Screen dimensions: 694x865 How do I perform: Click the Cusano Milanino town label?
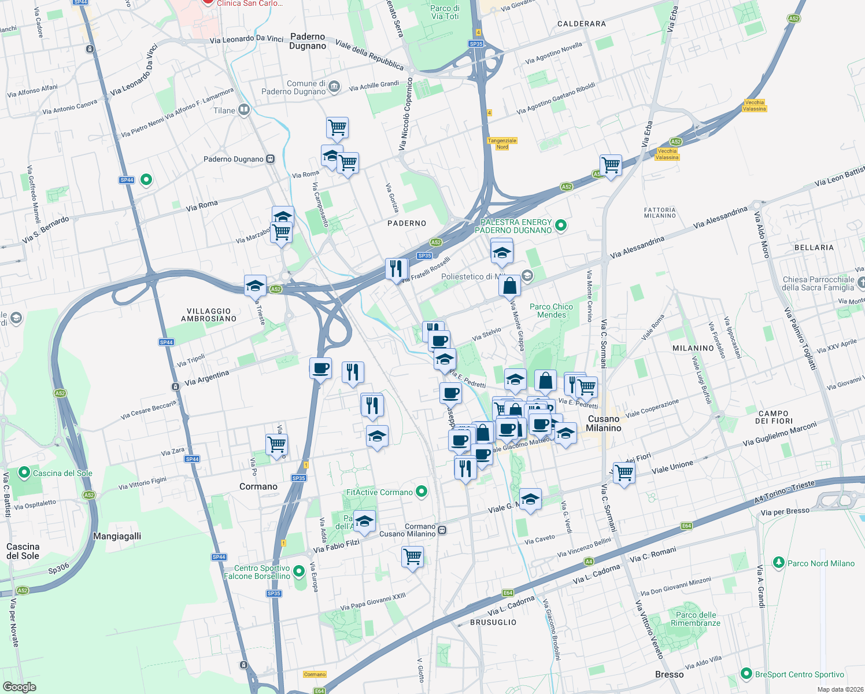point(603,423)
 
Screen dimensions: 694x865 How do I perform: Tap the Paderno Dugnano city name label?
point(308,41)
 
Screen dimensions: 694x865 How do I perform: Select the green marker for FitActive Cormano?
point(422,492)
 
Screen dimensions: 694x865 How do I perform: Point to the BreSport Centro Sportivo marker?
point(746,674)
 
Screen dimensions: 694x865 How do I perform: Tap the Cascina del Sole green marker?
point(24,472)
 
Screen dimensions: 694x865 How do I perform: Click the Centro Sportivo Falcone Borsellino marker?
point(299,572)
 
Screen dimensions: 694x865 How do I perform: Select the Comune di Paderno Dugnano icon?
point(334,87)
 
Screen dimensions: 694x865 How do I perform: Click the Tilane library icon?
point(244,110)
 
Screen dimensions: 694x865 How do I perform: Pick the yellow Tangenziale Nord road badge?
point(502,143)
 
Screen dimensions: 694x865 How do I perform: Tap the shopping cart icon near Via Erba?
point(611,165)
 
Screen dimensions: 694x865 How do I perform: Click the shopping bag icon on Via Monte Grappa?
point(509,286)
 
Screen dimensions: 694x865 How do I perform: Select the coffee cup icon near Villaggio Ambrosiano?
point(320,368)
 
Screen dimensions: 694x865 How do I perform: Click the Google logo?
point(20,686)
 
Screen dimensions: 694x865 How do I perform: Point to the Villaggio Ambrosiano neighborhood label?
point(209,315)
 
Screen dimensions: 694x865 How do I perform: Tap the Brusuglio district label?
point(493,622)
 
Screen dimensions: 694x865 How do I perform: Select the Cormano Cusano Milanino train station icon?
point(442,530)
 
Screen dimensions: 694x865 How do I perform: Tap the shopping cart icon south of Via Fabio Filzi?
point(412,557)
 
